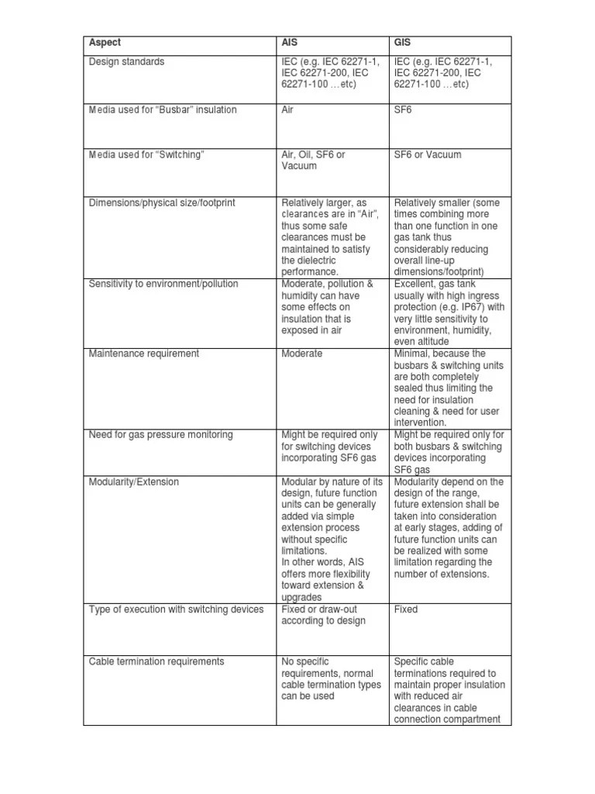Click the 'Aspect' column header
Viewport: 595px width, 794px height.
pos(105,43)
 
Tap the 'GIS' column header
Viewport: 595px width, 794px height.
pos(403,43)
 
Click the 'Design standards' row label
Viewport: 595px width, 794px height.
pos(127,61)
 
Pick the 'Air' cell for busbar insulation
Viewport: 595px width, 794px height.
pos(287,110)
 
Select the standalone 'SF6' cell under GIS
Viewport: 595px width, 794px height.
pos(403,110)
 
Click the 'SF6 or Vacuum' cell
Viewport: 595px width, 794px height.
pos(427,154)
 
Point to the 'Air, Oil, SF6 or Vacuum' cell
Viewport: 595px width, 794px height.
pos(313,160)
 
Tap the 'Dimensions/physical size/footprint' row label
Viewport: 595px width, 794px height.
pos(163,202)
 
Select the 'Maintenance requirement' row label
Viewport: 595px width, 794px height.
pos(144,354)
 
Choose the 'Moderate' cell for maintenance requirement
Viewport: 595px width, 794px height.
pos(301,354)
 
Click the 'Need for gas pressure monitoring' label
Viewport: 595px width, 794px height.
pos(161,435)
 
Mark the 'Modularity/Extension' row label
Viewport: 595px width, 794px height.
pos(133,482)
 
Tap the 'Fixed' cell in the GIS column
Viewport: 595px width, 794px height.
pos(406,609)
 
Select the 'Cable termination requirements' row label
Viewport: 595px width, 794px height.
pos(156,661)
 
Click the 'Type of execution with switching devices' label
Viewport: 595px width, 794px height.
pos(177,609)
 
